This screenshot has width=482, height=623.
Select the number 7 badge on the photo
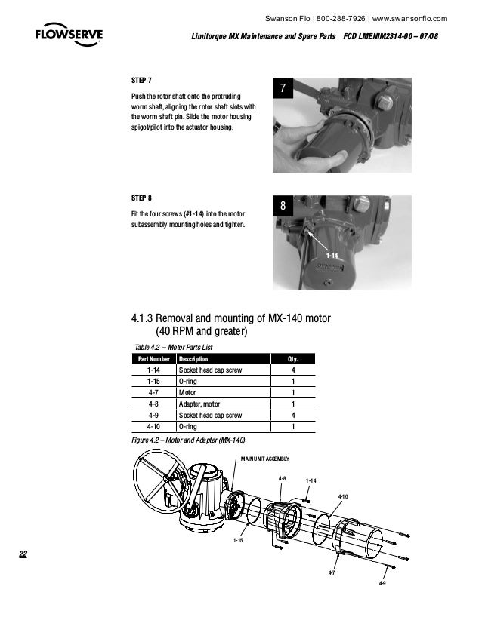tap(283, 89)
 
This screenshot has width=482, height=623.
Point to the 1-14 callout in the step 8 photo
tap(331, 256)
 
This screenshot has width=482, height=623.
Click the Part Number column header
tap(153, 359)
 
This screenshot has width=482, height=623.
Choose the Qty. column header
tap(292, 359)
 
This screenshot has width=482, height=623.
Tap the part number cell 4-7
tap(153, 393)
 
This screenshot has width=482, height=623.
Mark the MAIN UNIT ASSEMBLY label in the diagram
tap(264, 459)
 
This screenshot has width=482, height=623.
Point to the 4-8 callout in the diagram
tap(281, 478)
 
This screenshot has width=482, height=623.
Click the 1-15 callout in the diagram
tap(237, 541)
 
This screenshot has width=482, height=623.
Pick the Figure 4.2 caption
tap(188, 440)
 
